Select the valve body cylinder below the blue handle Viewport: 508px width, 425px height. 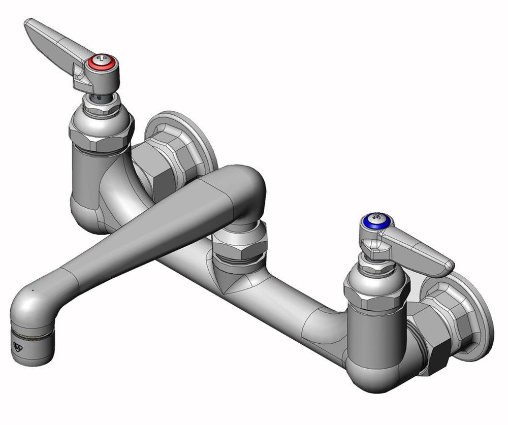(x=373, y=338)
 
